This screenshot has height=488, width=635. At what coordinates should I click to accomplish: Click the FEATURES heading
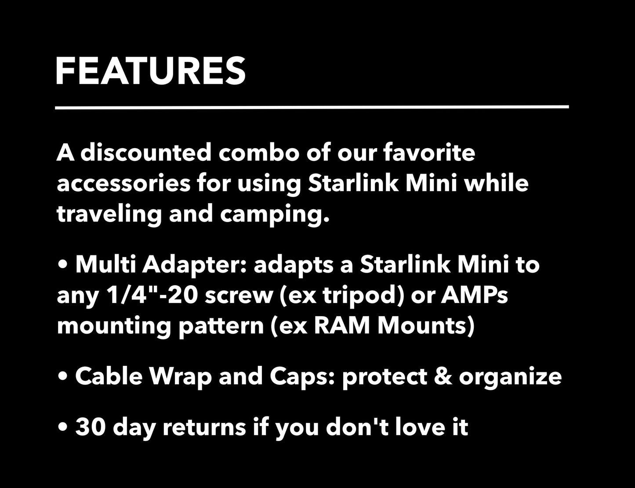tap(150, 71)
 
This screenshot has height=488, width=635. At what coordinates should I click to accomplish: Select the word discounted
tap(145, 153)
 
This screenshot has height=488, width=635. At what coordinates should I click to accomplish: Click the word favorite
tap(430, 153)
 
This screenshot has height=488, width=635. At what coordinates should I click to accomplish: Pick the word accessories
tap(123, 184)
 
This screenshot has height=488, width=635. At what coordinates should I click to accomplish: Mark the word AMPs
tap(474, 295)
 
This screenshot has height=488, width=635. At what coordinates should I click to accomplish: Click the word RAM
tap(342, 326)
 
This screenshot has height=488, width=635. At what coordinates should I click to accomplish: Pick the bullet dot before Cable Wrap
tap(63, 376)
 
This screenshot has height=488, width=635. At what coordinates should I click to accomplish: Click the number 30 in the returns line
tap(90, 427)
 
